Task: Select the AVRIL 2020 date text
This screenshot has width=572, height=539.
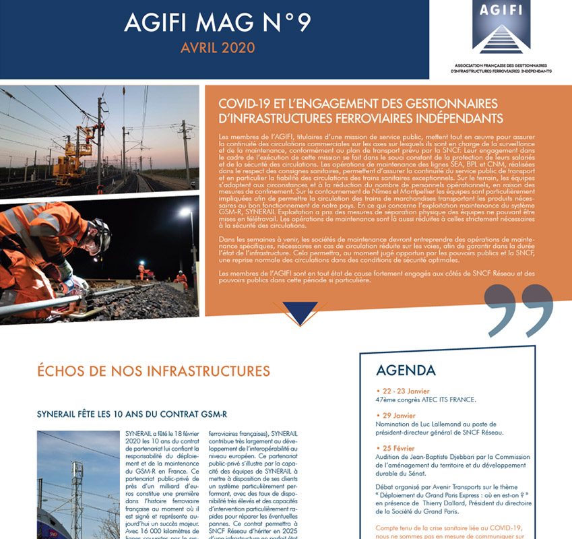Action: [x=217, y=48]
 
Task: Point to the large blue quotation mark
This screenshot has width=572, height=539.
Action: [x=520, y=309]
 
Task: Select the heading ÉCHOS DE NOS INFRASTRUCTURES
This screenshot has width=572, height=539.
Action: [x=154, y=371]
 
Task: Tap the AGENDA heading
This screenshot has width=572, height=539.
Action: [x=406, y=371]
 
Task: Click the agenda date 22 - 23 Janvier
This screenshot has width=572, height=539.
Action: [x=404, y=390]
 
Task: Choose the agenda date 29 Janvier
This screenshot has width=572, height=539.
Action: [x=398, y=415]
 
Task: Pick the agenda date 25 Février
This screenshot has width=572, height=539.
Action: [x=398, y=448]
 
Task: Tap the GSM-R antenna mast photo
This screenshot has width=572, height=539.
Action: [x=76, y=484]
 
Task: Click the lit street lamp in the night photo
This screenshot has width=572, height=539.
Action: [x=183, y=213]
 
